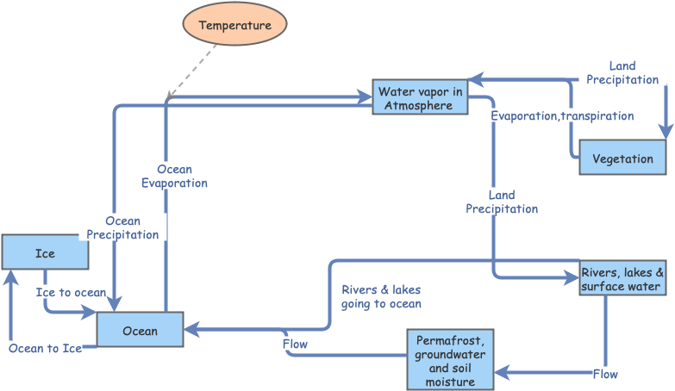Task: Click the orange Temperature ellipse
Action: point(234,25)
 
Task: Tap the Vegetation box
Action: point(622,158)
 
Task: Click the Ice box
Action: point(45,253)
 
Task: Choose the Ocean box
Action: point(140,331)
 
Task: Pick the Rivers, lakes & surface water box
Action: point(622,278)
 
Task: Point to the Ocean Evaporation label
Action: point(174,177)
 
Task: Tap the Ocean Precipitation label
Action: point(123,227)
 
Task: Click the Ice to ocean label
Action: point(71,293)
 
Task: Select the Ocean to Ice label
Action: point(46,348)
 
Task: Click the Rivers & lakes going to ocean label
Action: point(381,296)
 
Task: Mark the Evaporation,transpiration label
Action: point(562,115)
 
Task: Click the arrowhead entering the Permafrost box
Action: point(501,372)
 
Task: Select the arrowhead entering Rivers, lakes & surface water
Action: point(571,277)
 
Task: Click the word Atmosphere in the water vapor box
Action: point(419,106)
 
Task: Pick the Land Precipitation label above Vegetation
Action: point(622,72)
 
